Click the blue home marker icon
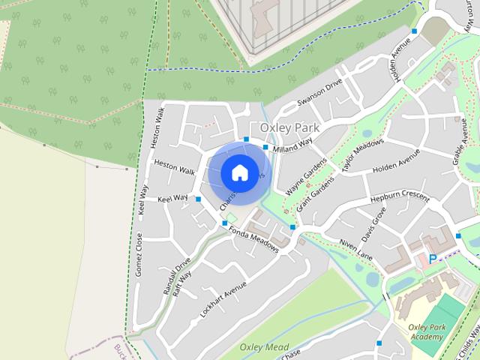point(238,172)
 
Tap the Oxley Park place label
point(289,128)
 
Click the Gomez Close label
point(139,253)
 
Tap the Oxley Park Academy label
point(427,332)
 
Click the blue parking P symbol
point(432,258)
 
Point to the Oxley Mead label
point(264,346)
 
